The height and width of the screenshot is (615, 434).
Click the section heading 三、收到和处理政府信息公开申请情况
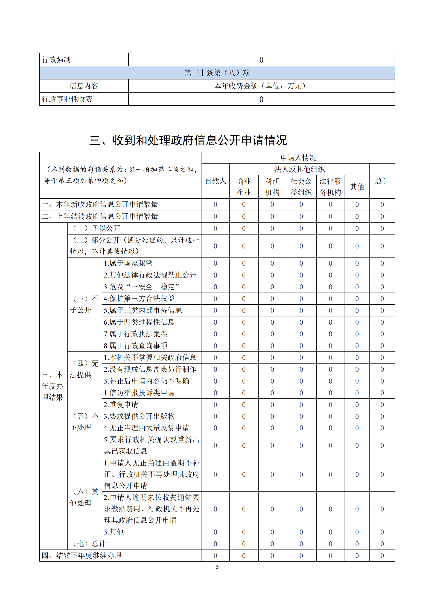(188, 140)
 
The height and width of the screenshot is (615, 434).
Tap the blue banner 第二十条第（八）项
(217, 73)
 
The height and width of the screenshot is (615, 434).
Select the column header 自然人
(215, 181)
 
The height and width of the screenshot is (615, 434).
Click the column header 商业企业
(244, 187)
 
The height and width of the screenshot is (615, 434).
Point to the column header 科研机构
(272, 187)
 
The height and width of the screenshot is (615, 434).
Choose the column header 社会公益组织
(301, 187)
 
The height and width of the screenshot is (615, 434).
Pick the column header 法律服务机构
(330, 187)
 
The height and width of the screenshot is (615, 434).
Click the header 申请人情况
(298, 158)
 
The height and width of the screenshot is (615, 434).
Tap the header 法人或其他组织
(299, 170)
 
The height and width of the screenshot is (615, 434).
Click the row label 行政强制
(56, 60)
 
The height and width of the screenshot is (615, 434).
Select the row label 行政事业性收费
(67, 99)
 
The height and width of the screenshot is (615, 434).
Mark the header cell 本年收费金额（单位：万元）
(261, 86)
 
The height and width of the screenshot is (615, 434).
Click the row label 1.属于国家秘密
(128, 263)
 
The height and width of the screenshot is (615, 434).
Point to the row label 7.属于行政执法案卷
(135, 334)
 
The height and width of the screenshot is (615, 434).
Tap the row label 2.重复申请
(121, 405)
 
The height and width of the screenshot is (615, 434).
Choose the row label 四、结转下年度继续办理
(81, 556)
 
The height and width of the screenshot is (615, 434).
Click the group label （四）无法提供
(84, 369)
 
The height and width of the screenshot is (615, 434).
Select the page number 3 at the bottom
(217, 567)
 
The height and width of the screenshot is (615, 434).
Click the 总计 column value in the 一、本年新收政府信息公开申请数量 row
(382, 205)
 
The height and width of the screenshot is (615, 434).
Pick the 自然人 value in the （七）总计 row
(215, 544)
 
